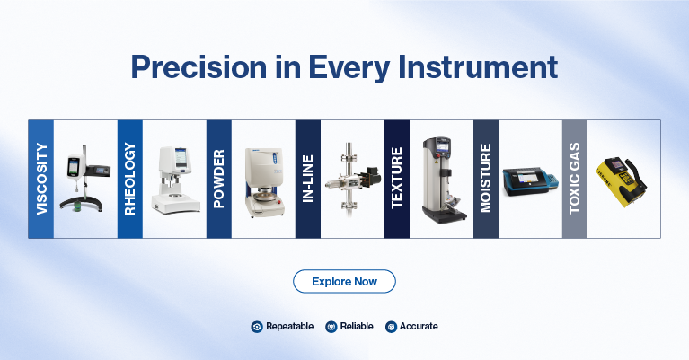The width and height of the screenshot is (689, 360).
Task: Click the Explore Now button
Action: (344, 281)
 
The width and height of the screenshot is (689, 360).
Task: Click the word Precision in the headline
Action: (199, 67)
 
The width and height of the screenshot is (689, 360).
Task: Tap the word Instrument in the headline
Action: (478, 67)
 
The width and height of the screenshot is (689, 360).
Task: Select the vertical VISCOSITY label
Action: (41, 179)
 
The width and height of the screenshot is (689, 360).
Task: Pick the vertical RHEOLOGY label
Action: (130, 179)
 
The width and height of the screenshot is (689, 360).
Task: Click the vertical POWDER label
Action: (219, 179)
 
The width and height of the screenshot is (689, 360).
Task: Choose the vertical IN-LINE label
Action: (308, 179)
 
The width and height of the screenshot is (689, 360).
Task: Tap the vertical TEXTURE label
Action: (397, 178)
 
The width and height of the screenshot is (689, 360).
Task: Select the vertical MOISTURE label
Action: (486, 179)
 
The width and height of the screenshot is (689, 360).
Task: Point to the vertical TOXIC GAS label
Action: (575, 179)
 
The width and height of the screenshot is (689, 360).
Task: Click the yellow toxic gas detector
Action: (622, 181)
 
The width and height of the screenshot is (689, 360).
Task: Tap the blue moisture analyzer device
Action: (530, 181)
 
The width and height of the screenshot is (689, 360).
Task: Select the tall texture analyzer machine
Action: (443, 180)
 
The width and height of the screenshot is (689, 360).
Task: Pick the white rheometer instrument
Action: (176, 180)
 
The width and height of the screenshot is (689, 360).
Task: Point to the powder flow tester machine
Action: (265, 182)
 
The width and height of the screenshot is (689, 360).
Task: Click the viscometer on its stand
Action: (84, 179)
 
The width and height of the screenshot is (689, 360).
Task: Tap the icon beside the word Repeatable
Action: (257, 327)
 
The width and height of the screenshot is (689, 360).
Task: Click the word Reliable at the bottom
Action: (357, 326)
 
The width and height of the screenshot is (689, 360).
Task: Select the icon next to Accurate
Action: (391, 327)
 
